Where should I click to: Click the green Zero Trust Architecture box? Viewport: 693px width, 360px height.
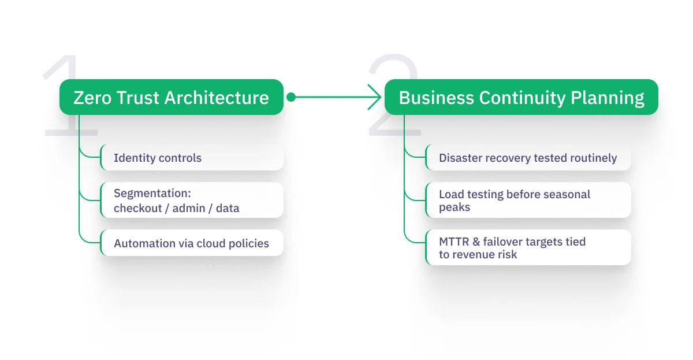(172, 97)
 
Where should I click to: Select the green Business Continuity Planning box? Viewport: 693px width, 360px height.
(521, 97)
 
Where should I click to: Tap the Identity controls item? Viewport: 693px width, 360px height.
(192, 158)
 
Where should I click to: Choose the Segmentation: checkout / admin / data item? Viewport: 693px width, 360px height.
(192, 200)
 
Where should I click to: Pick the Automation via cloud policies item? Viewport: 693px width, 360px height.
(192, 243)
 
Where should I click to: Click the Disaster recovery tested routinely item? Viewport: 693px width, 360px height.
(528, 158)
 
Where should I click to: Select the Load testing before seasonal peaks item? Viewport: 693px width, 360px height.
(528, 200)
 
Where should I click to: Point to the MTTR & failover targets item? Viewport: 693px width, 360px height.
(528, 247)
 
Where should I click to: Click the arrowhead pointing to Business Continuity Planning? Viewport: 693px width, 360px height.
(376, 97)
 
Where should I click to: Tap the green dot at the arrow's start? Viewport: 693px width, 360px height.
(291, 97)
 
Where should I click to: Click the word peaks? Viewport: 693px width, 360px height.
(454, 207)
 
